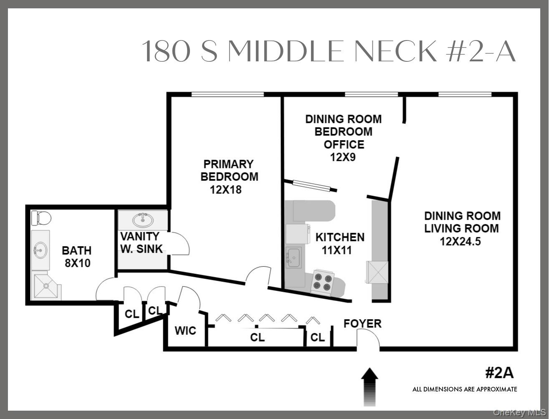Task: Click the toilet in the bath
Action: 41,218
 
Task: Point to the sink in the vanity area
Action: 142,220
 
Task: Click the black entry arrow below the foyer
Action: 369,386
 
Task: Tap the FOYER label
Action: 362,323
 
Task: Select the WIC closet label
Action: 185,331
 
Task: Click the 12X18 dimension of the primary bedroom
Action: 226,189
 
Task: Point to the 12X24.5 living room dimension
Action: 460,241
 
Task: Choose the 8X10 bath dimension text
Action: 76,263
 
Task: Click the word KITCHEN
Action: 339,237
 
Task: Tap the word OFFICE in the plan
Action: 344,144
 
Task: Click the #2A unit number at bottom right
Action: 499,372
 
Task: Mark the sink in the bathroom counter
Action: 41,250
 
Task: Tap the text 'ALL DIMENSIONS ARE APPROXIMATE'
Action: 465,389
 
